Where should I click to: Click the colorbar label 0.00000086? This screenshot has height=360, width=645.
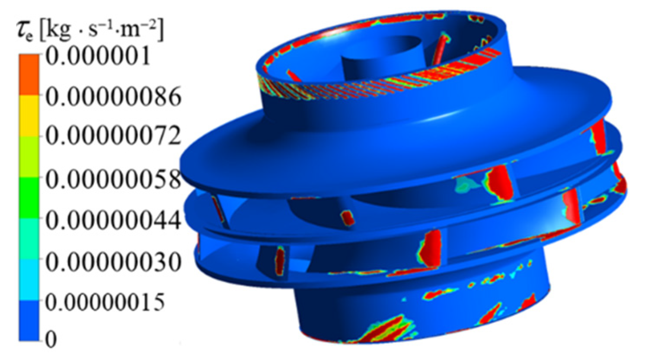point(113,97)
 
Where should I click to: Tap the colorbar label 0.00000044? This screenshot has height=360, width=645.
point(113,220)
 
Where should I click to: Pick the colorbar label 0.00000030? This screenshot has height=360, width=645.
point(113,261)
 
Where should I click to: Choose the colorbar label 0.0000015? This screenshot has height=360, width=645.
point(105,301)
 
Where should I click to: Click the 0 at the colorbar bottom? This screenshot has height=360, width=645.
point(51,340)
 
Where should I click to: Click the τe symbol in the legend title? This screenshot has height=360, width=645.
point(27,32)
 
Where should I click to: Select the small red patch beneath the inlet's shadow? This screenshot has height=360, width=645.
point(348,217)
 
